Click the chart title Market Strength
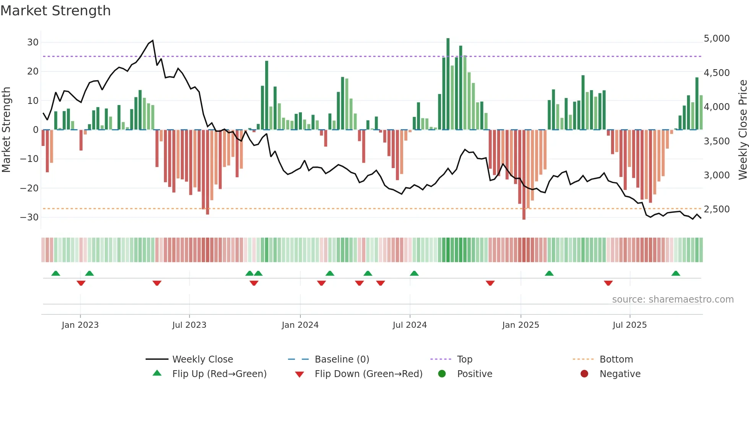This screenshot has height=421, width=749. click(55, 11)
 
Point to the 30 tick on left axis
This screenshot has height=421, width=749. click(33, 42)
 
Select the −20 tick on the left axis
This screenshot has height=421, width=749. click(29, 188)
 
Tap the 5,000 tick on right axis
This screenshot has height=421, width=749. click(717, 39)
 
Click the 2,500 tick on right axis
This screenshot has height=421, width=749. click(717, 209)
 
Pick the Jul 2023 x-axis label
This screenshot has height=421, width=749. click(189, 325)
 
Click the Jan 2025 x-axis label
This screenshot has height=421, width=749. click(520, 325)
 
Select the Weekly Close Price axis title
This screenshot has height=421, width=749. click(743, 130)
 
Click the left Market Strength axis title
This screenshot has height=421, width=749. click(6, 130)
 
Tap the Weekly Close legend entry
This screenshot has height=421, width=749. click(203, 359)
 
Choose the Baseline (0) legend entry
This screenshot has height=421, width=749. click(342, 359)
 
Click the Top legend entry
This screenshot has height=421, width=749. click(465, 359)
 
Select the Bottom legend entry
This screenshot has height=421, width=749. click(616, 359)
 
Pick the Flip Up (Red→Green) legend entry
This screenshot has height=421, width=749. click(219, 374)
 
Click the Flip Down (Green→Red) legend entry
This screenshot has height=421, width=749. click(368, 374)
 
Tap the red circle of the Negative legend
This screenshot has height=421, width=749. click(584, 374)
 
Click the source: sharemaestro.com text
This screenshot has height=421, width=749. click(673, 300)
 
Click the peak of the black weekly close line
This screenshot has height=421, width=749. click(153, 40)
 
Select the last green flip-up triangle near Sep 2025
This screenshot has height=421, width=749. click(676, 274)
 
